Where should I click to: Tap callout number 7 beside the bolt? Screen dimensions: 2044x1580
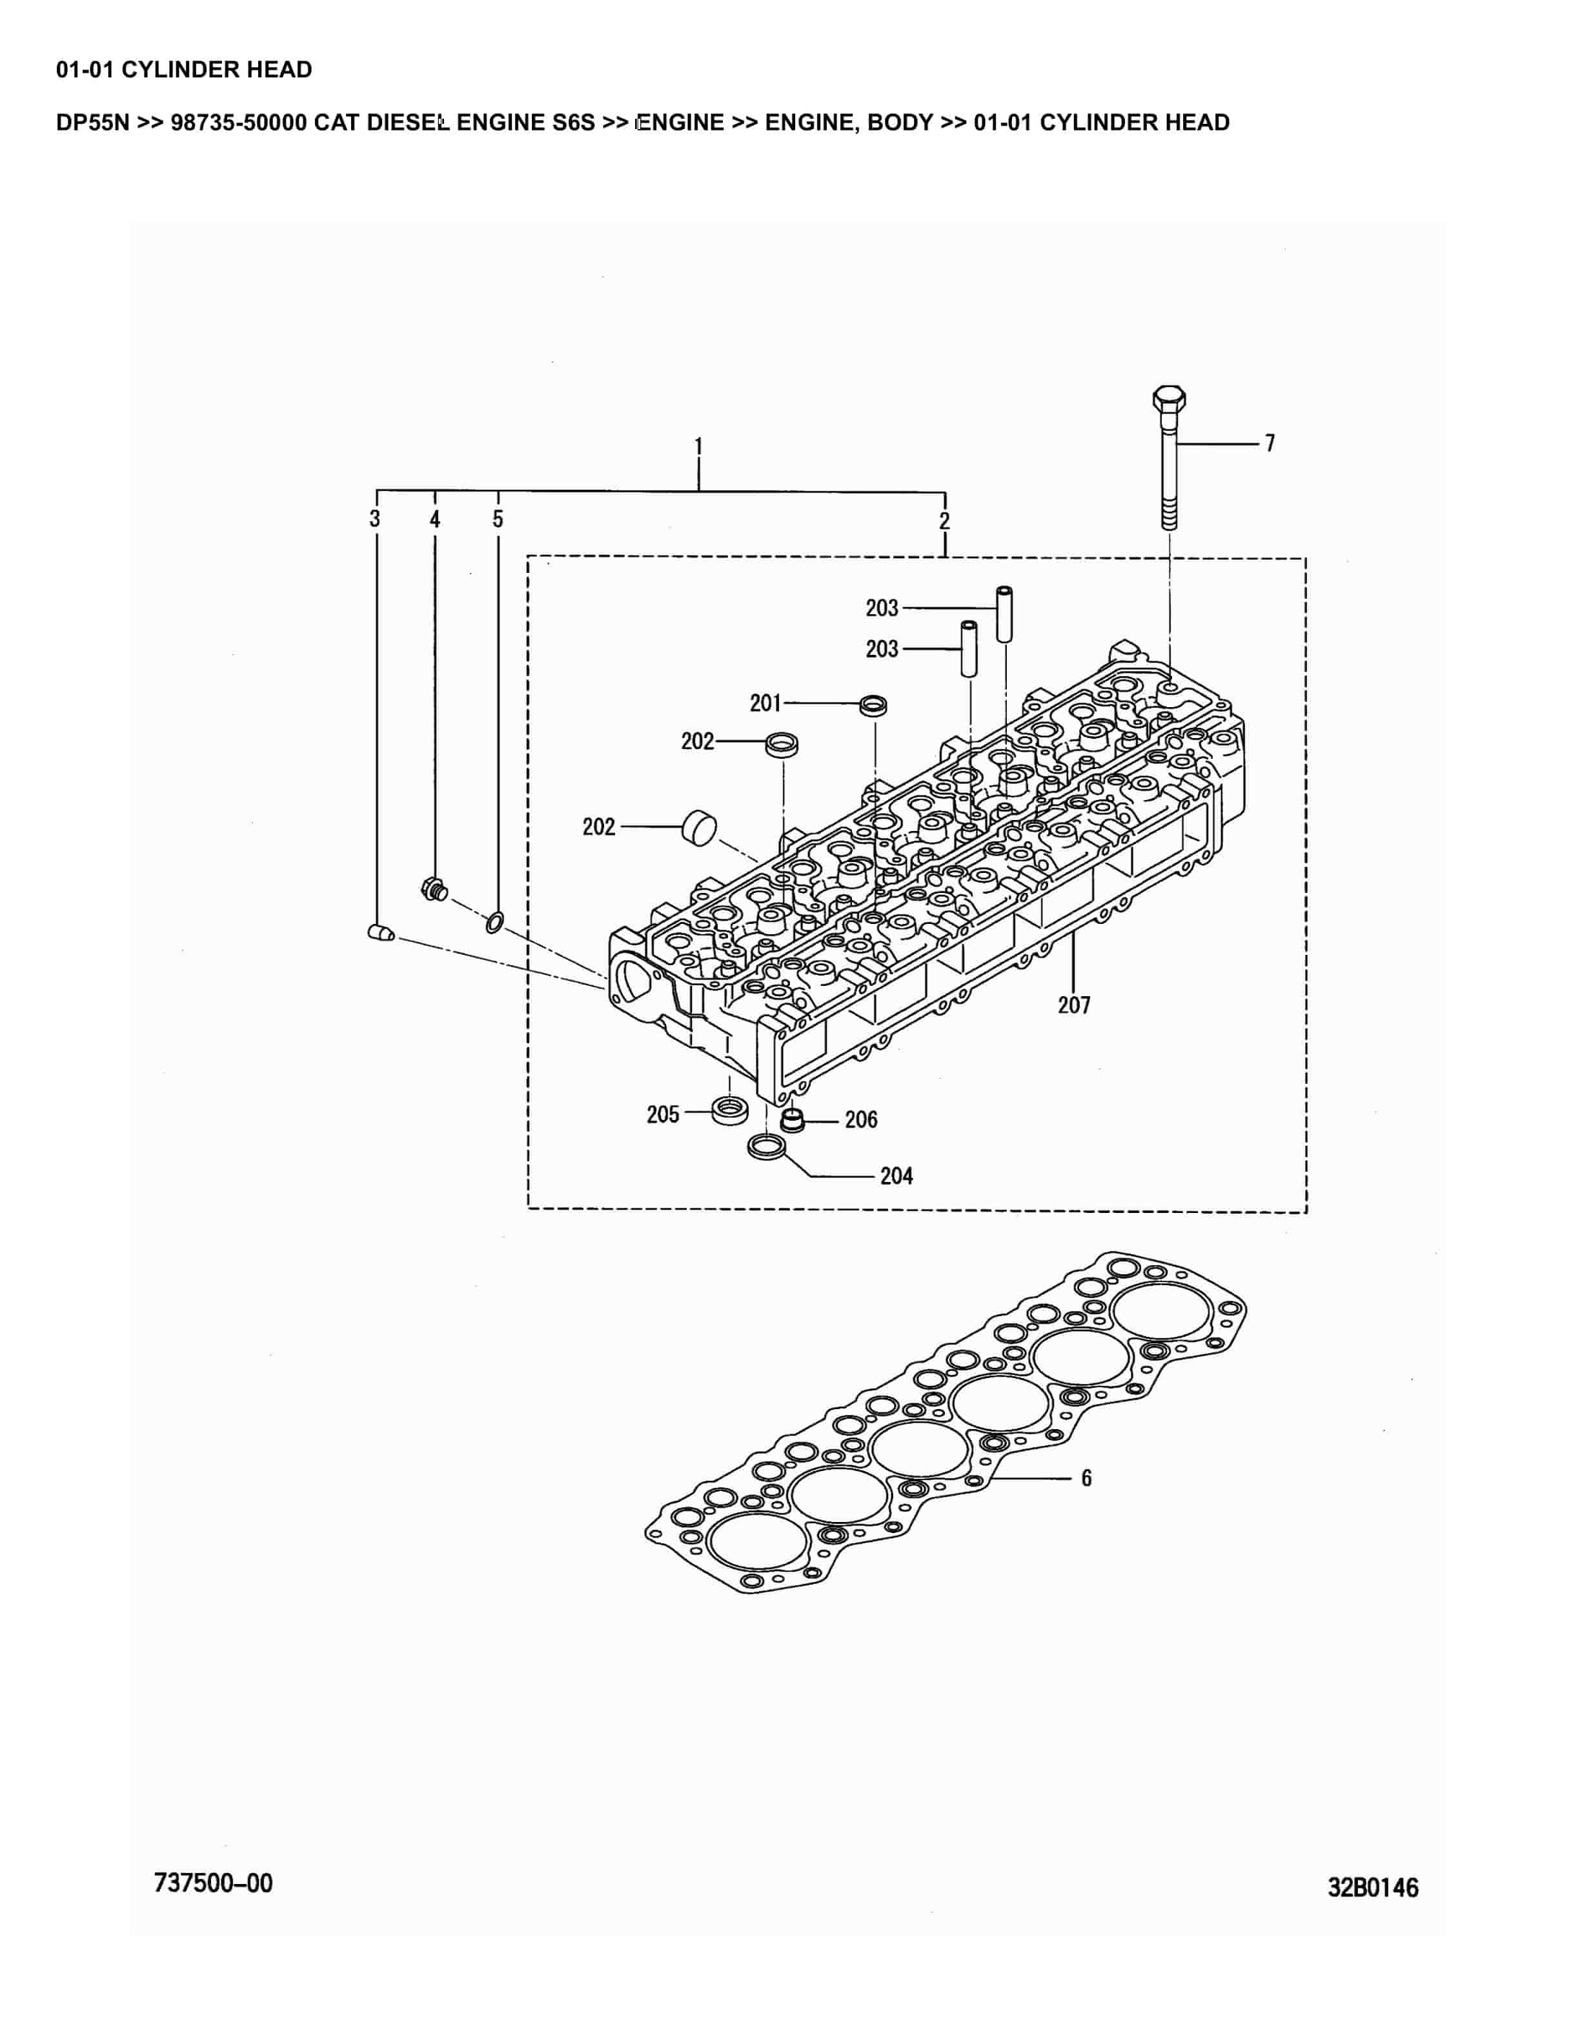click(1270, 444)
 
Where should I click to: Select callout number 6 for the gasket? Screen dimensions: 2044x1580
click(1086, 1478)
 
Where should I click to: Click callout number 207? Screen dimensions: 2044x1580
click(1073, 1005)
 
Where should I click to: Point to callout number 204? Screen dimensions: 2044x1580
click(896, 1176)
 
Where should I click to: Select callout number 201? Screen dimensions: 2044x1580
click(765, 703)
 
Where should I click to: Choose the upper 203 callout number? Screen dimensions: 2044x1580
click(882, 608)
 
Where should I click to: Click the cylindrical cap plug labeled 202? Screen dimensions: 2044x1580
click(698, 827)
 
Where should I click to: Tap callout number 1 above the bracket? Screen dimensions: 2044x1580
click(698, 446)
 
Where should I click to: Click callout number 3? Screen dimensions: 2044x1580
click(374, 519)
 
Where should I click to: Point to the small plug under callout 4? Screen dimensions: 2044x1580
click(433, 889)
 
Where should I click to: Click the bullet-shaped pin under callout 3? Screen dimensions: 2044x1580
click(380, 933)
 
